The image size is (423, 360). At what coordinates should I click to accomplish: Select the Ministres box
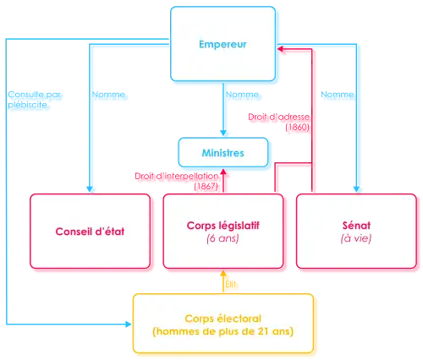[x=223, y=154]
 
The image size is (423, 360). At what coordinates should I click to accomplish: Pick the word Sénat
[x=355, y=227]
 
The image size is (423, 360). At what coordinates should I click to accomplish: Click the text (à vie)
[x=355, y=239]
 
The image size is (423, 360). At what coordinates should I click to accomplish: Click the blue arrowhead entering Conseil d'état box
[x=91, y=188]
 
